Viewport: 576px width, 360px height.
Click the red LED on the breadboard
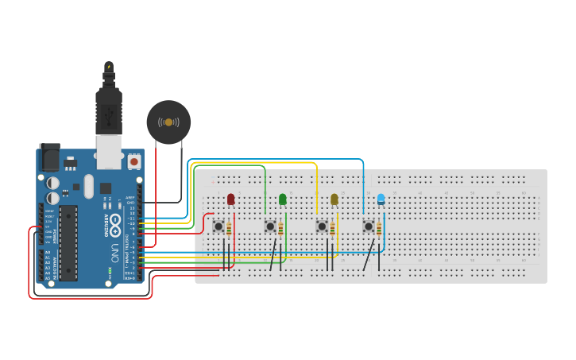[231, 199]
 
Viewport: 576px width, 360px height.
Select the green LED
[283, 199]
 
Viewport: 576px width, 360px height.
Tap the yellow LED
[334, 199]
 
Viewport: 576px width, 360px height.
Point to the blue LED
[381, 199]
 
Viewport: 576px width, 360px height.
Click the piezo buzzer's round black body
[168, 122]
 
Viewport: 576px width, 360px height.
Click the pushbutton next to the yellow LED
[322, 226]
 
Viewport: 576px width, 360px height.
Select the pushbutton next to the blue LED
[369, 226]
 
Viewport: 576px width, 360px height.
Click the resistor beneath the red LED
[230, 230]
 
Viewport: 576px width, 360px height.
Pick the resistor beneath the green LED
[281, 230]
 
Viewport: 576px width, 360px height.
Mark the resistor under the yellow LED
[333, 230]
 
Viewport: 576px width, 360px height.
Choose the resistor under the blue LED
[379, 230]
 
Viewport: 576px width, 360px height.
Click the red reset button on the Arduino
[133, 161]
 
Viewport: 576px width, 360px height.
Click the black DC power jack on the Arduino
[50, 157]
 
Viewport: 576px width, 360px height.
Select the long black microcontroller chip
[68, 242]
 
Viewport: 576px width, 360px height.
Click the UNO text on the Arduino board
[114, 254]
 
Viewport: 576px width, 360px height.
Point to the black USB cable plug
[108, 107]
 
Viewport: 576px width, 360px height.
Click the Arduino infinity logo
[115, 224]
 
